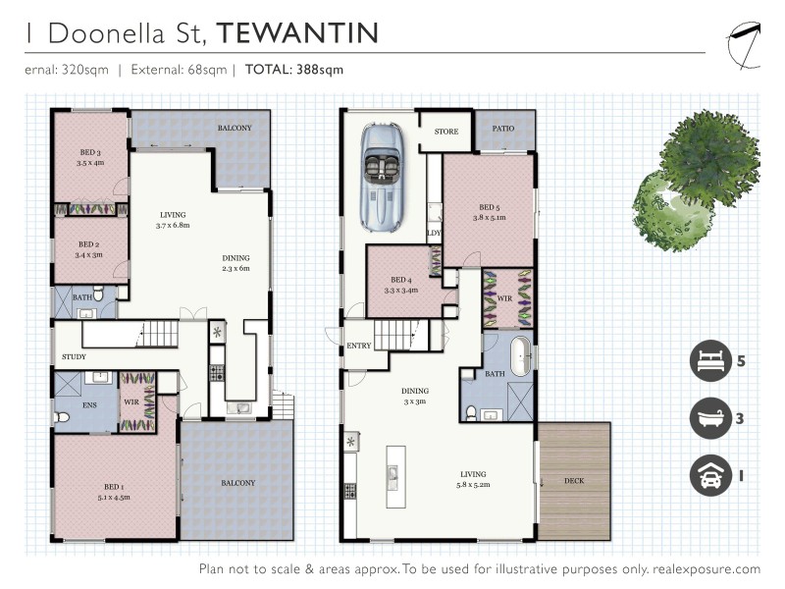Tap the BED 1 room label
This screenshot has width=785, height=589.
[115, 487]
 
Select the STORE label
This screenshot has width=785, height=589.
[446, 130]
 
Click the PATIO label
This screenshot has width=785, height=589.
[504, 128]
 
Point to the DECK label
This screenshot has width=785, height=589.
[575, 481]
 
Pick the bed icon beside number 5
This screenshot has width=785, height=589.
[709, 360]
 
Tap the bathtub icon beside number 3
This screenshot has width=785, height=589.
[709, 418]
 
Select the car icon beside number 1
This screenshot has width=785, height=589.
[709, 475]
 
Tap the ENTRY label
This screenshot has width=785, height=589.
[359, 347]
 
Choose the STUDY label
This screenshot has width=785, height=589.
[74, 357]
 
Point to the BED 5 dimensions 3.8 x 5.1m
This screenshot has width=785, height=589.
[489, 218]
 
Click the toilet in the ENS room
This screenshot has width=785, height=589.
[64, 417]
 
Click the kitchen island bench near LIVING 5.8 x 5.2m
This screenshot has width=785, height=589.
[394, 476]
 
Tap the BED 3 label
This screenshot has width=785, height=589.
[90, 152]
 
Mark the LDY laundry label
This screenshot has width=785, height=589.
[434, 233]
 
